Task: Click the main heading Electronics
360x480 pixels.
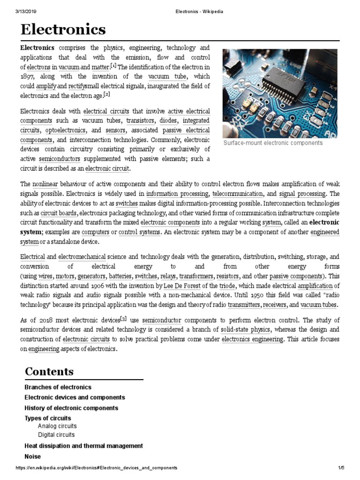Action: pyautogui.click(x=63, y=30)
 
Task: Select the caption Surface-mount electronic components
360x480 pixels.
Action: pyautogui.click(x=273, y=143)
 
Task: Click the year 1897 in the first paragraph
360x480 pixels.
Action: pyautogui.click(x=28, y=76)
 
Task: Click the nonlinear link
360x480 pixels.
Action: pyautogui.click(x=45, y=184)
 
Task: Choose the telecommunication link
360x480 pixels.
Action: pyautogui.click(x=237, y=194)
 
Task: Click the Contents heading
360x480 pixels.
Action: pyautogui.click(x=49, y=371)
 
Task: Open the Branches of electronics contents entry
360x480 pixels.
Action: pyautogui.click(x=58, y=387)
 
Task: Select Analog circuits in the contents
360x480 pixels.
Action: pyautogui.click(x=57, y=426)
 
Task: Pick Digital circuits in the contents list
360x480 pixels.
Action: pyautogui.click(x=56, y=435)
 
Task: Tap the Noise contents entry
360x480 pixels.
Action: pyautogui.click(x=32, y=456)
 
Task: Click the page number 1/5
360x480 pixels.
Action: pyautogui.click(x=341, y=468)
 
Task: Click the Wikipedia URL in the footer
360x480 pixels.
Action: pyautogui.click(x=97, y=468)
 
